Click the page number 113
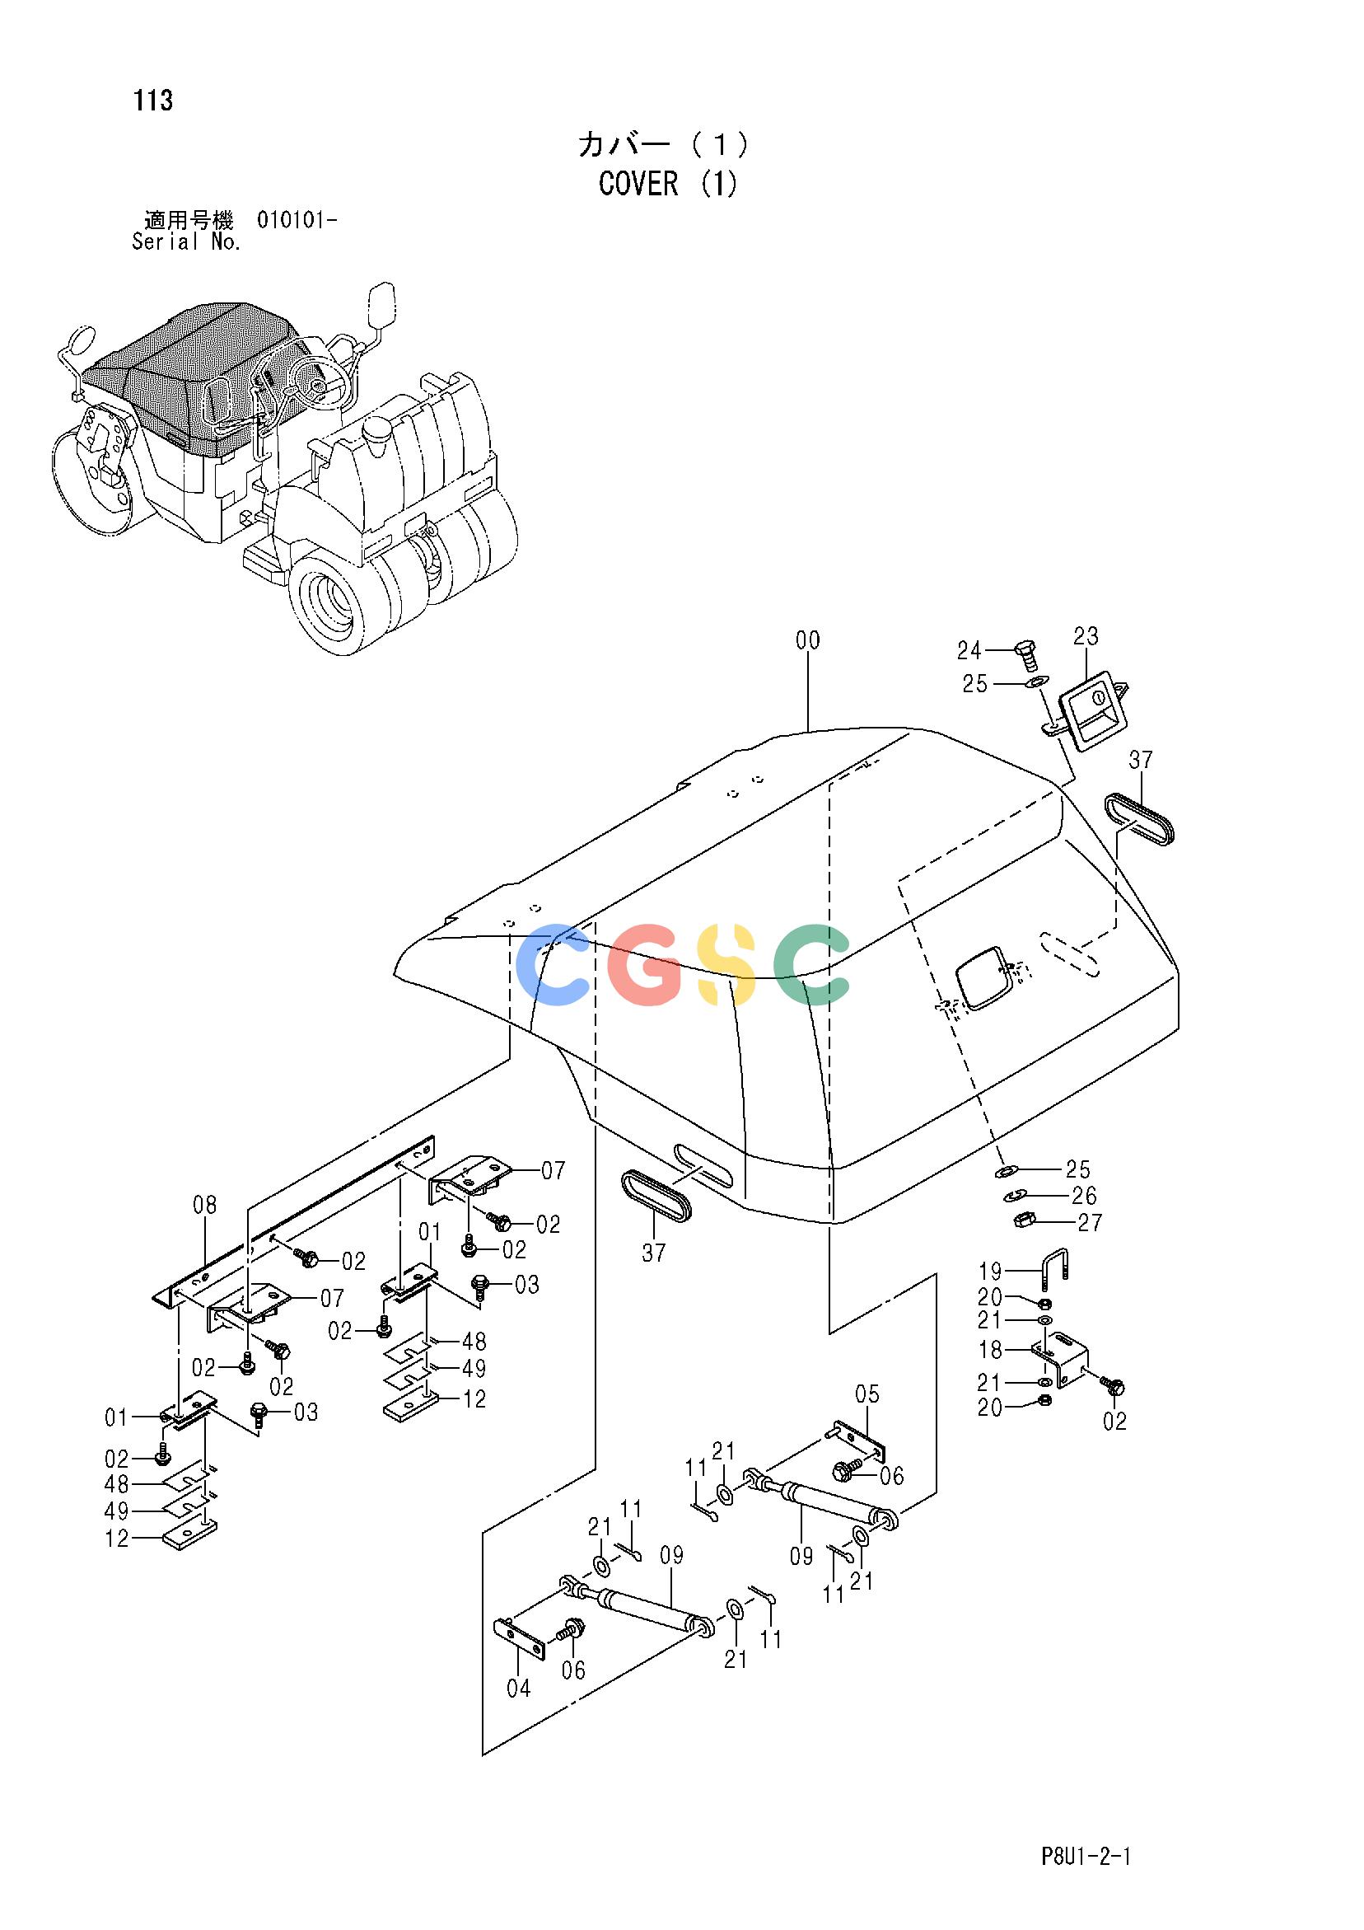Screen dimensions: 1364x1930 click(x=152, y=101)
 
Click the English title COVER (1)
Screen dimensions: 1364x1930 click(x=668, y=183)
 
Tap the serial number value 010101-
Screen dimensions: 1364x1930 click(x=298, y=221)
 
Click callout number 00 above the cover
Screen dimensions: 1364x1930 click(x=808, y=641)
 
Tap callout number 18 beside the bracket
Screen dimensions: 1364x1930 click(x=991, y=1351)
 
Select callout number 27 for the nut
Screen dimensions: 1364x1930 click(x=1089, y=1222)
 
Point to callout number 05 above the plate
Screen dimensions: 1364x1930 click(x=867, y=1394)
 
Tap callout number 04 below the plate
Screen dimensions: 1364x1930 click(x=519, y=1688)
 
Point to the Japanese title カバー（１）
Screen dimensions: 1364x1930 click(x=664, y=144)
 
